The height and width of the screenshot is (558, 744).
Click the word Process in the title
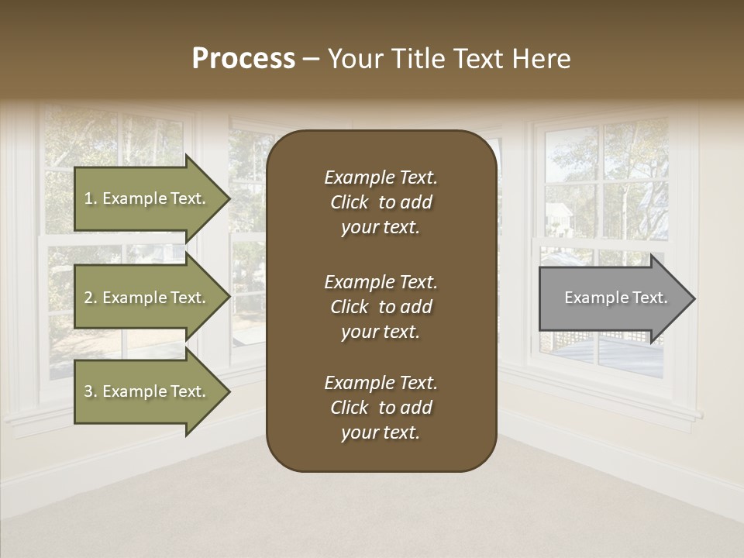[x=243, y=59]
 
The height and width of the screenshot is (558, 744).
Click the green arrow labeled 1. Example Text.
[x=147, y=198]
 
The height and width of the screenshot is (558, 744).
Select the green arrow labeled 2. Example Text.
[x=147, y=298]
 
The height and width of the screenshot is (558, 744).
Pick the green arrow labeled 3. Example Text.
[x=147, y=391]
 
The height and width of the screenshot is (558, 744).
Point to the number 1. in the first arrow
[x=91, y=198]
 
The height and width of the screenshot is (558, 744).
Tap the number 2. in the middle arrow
[x=91, y=298]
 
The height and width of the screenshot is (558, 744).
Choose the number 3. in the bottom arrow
[x=91, y=391]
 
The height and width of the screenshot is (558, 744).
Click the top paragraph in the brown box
[x=381, y=202]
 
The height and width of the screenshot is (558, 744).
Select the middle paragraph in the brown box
[x=381, y=307]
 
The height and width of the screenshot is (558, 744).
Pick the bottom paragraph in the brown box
[x=381, y=408]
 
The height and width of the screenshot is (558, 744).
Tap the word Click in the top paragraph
[x=349, y=202]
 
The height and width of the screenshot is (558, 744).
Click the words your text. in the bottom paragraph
[x=381, y=433]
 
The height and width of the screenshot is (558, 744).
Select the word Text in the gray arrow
[x=649, y=298]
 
